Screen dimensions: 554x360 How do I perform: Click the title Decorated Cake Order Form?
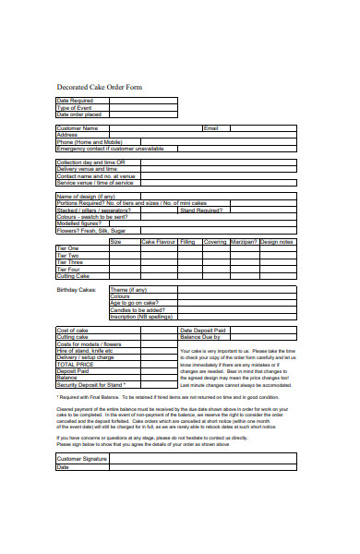(x=100, y=88)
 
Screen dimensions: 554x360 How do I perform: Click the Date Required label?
(x=76, y=100)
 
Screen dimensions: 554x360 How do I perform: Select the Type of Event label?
(x=74, y=106)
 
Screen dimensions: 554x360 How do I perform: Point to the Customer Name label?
(x=78, y=127)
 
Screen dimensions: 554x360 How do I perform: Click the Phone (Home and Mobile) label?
(x=89, y=141)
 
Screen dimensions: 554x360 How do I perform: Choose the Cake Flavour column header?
(x=157, y=242)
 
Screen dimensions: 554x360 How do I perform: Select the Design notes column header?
(x=277, y=242)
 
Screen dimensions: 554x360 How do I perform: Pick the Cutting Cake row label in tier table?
(x=73, y=276)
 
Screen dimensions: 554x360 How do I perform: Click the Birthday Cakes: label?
(x=77, y=290)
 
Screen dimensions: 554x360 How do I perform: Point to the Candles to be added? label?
(x=138, y=310)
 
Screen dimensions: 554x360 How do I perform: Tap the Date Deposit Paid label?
(x=204, y=330)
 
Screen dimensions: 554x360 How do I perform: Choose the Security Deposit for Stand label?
(x=90, y=384)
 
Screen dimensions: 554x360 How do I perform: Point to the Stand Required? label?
(x=200, y=210)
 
